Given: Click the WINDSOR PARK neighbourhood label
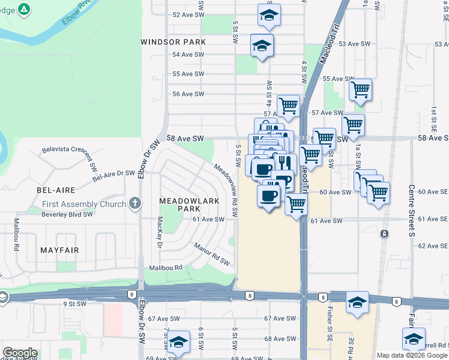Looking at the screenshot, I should (173, 42).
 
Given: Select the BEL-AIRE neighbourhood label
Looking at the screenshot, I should (56, 190).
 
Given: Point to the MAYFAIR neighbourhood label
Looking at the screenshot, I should (59, 249).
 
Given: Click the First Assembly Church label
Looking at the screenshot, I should (84, 204).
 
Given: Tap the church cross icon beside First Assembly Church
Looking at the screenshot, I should (135, 203).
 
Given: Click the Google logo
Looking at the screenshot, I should (20, 353).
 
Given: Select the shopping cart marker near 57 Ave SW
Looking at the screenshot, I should (289, 106).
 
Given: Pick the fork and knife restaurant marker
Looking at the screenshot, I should (283, 163).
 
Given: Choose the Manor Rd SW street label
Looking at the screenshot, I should (212, 254).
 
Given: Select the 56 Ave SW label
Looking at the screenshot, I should (188, 94).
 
